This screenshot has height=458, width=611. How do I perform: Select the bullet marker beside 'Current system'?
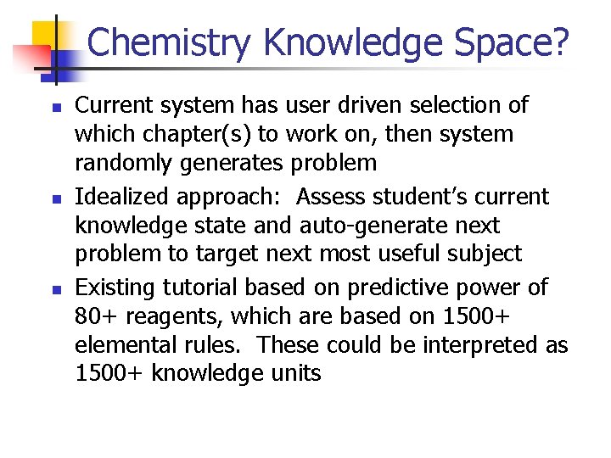55,108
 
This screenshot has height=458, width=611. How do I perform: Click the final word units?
292,373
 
